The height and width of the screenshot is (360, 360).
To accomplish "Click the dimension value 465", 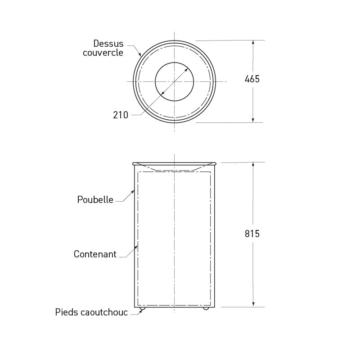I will click(x=252, y=79).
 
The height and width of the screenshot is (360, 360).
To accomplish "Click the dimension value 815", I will click(x=252, y=234).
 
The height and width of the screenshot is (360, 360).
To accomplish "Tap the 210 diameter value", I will click(x=121, y=115).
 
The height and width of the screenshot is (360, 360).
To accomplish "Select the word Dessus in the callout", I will click(x=108, y=44).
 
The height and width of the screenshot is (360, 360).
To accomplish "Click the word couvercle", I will click(x=103, y=53).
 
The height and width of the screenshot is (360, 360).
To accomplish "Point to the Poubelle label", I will click(x=95, y=200).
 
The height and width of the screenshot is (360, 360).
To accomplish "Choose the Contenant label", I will click(x=95, y=254).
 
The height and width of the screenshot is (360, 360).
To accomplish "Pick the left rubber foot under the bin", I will click(x=143, y=308).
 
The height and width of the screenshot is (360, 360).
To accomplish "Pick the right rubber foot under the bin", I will click(x=206, y=308).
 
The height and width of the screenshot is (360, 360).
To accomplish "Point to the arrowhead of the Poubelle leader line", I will click(x=133, y=192).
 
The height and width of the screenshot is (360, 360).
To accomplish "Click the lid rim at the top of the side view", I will click(x=175, y=163).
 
